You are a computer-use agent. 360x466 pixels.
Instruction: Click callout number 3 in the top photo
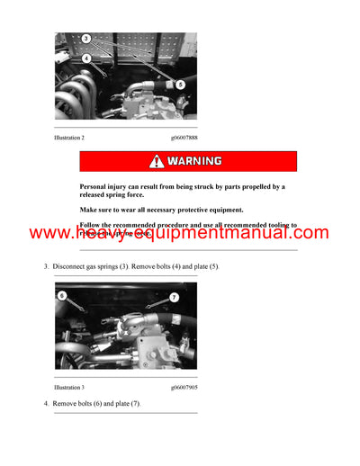tap(85, 39)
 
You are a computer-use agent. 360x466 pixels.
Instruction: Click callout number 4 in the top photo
tap(85, 58)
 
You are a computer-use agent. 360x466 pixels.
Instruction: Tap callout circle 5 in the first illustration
tap(180, 85)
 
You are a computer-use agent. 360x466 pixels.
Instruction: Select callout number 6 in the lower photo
tap(61, 295)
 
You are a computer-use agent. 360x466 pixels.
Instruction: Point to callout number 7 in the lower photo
tap(174, 297)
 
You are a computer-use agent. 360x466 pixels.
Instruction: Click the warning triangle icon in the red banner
tap(157, 161)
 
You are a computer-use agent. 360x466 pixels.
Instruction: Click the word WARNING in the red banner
tap(196, 161)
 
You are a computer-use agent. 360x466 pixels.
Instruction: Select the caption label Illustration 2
tap(68, 138)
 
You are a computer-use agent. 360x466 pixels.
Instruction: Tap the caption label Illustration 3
tap(68, 387)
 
